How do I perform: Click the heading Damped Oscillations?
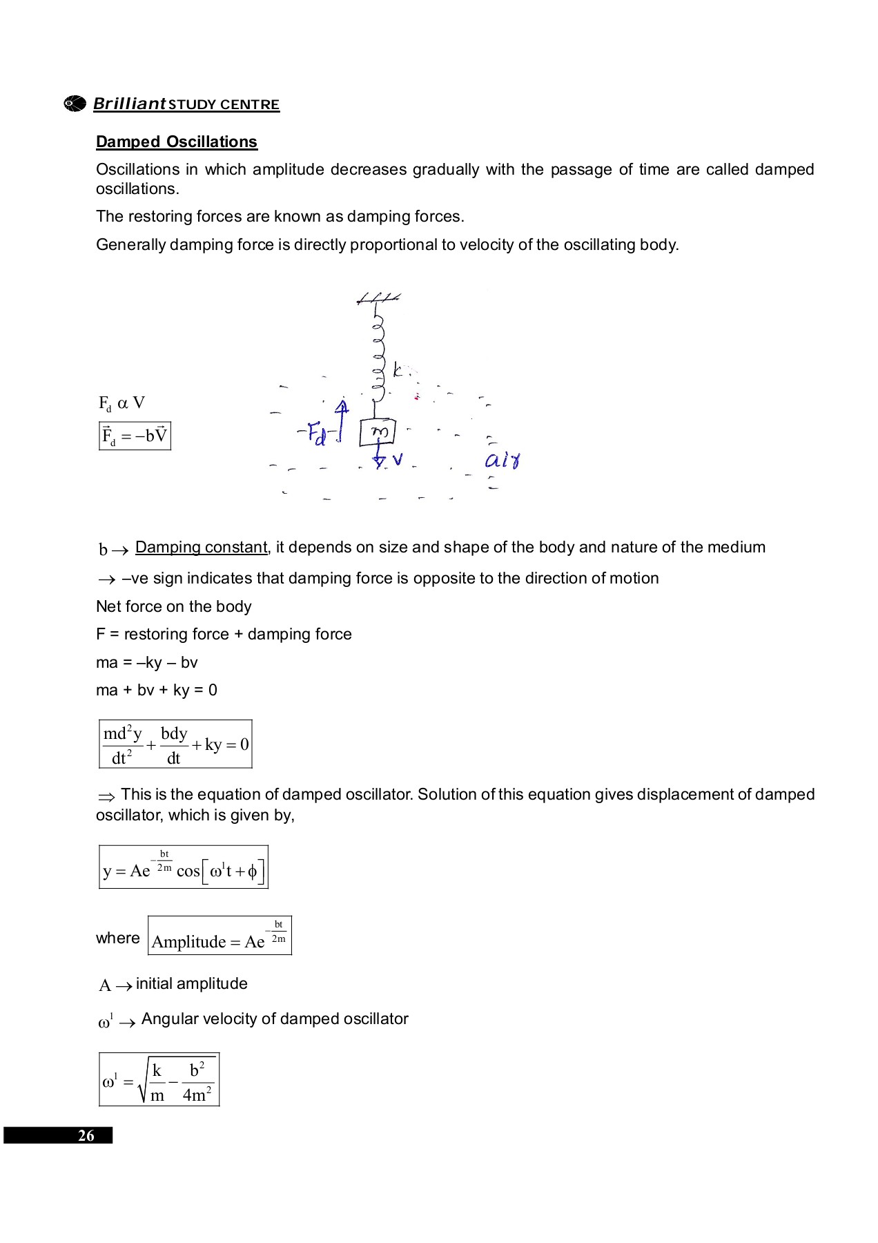tap(176, 142)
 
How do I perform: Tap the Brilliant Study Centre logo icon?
tap(75, 104)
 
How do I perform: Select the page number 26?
tap(86, 1136)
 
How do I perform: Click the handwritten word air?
tap(503, 460)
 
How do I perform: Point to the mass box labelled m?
tap(378, 432)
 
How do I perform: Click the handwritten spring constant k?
tap(398, 370)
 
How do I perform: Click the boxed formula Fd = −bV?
tap(135, 436)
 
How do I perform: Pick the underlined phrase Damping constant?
tap(202, 547)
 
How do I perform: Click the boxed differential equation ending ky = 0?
tap(175, 744)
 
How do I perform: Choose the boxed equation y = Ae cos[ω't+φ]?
tap(183, 867)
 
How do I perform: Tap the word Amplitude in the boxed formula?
tap(188, 942)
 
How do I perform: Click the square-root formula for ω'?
tap(159, 1080)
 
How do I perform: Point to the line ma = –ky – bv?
tap(147, 662)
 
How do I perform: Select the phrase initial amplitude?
tap(191, 983)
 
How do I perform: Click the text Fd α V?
tap(121, 403)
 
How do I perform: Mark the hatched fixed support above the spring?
tap(378, 298)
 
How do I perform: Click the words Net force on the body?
tap(174, 606)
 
